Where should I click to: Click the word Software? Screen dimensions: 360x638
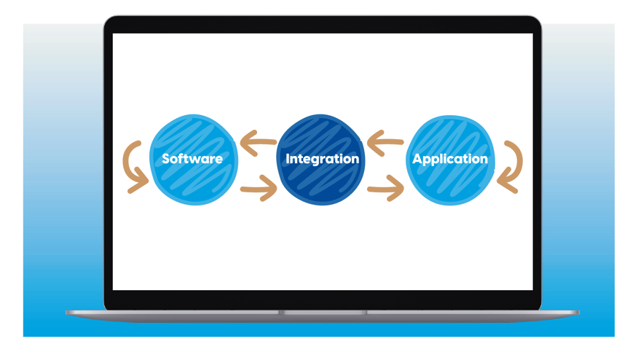click(192, 159)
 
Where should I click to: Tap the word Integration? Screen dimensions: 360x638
click(322, 159)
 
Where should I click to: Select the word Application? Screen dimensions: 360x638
click(450, 159)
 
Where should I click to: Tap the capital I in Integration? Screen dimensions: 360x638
click(288, 158)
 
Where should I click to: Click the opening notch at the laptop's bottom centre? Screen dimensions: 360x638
click(323, 313)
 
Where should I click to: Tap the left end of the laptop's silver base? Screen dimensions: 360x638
click(69, 313)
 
